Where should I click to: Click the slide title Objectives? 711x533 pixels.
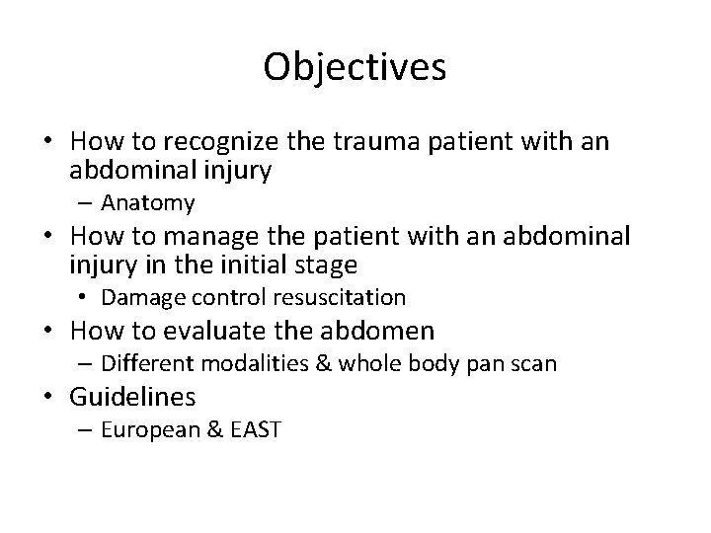pyautogui.click(x=355, y=68)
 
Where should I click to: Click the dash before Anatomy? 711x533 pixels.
pyautogui.click(x=88, y=203)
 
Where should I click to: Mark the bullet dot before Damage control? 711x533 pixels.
pyautogui.click(x=87, y=297)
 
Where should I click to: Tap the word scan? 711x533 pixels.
pyautogui.click(x=535, y=364)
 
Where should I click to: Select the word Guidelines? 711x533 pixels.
pyautogui.click(x=132, y=398)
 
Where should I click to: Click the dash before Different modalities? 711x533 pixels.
pyautogui.click(x=88, y=364)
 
